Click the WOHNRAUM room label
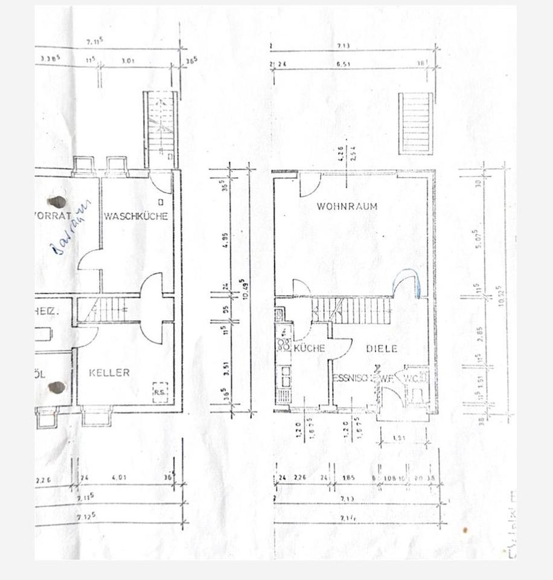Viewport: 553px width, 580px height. pos(347,206)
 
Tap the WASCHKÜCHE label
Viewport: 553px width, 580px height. pos(136,216)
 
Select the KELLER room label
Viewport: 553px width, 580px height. pos(109,373)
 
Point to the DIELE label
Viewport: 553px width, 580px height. pos(382,349)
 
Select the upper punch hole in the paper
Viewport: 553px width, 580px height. pos(56,201)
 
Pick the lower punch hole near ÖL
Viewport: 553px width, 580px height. pos(57,387)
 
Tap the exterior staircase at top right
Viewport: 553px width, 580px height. pos(415,123)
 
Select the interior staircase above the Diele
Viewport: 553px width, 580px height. pos(351,310)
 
